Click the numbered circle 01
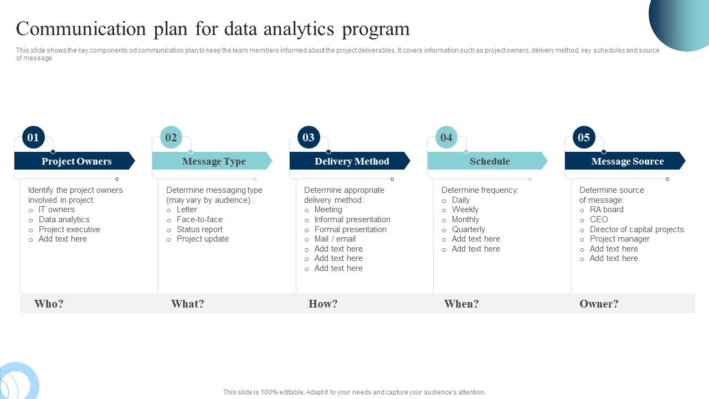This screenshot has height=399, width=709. pyautogui.click(x=33, y=137)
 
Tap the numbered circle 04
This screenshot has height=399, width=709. pyautogui.click(x=446, y=137)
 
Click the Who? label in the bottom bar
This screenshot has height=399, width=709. pyautogui.click(x=49, y=304)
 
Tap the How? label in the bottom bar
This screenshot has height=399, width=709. pyautogui.click(x=323, y=304)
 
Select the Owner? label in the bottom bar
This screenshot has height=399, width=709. pyautogui.click(x=599, y=304)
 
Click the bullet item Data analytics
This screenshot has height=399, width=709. pyautogui.click(x=64, y=219)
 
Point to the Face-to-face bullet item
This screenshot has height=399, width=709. pyautogui.click(x=199, y=219)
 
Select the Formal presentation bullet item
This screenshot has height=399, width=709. pyautogui.click(x=350, y=229)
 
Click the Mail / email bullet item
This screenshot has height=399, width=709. pyautogui.click(x=335, y=239)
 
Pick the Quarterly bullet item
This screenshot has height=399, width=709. pyautogui.click(x=468, y=229)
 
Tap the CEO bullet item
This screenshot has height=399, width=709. pyautogui.click(x=599, y=219)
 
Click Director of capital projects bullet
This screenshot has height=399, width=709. pyautogui.click(x=636, y=229)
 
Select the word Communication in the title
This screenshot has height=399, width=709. pyautogui.click(x=81, y=29)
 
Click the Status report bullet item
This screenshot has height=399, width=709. pyautogui.click(x=199, y=229)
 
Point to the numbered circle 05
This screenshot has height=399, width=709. pyautogui.click(x=584, y=137)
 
